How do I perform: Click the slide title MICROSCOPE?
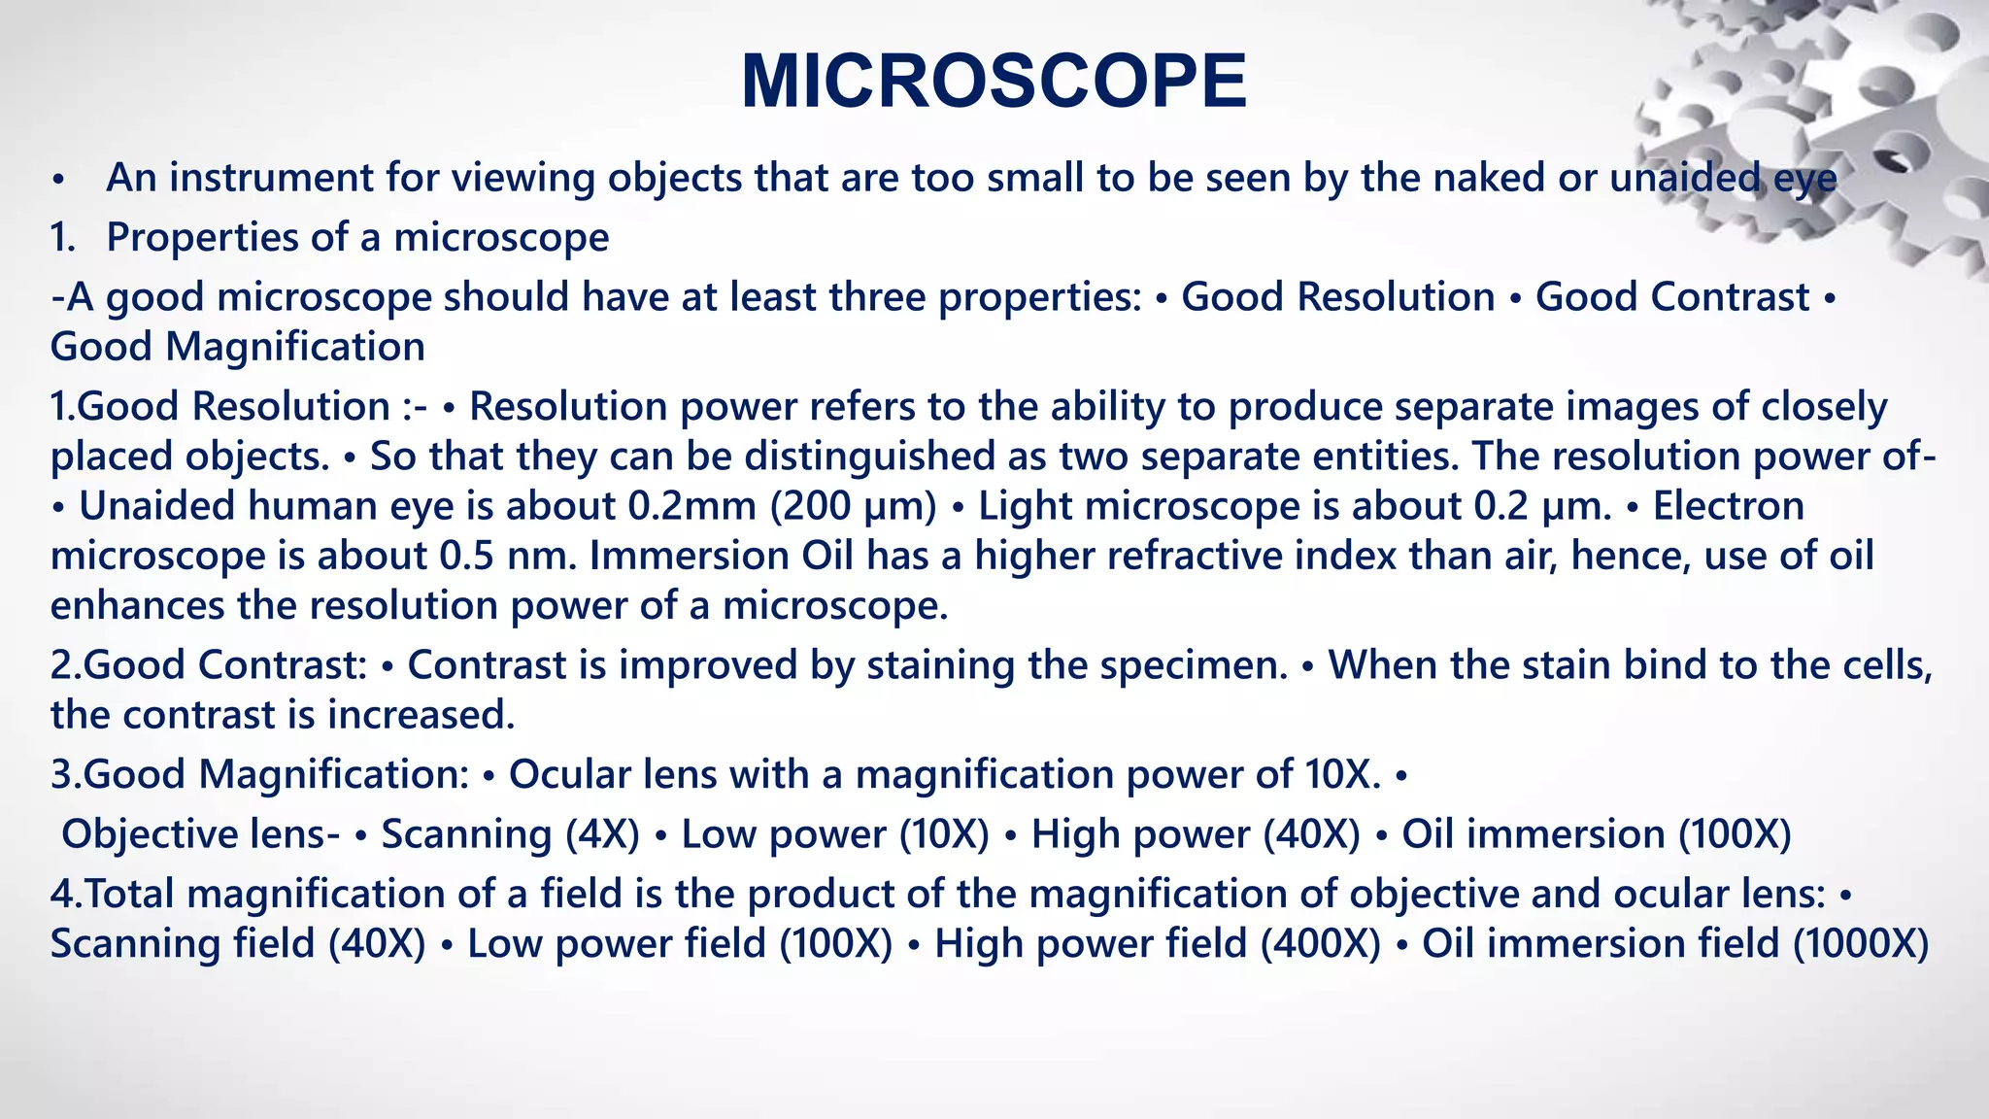[x=994, y=82]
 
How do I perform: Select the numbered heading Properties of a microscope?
[x=357, y=238]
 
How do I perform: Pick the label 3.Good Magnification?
[x=259, y=775]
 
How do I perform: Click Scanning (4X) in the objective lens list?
[x=510, y=834]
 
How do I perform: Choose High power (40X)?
[x=1196, y=834]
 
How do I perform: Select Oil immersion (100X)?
[x=1596, y=834]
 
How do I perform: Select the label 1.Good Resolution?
[x=220, y=407]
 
